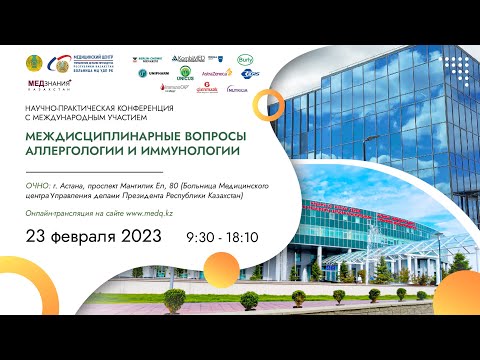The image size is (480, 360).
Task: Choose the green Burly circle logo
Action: [245, 60]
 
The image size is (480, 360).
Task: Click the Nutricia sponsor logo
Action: [237, 89]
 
